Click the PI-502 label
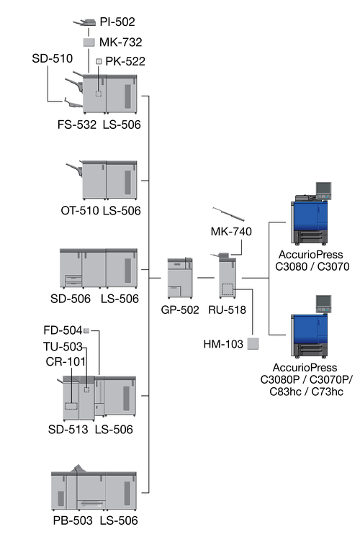(x=117, y=22)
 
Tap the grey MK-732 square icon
(x=89, y=42)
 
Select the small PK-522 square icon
(x=99, y=61)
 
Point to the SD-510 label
(x=52, y=58)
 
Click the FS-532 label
(x=77, y=125)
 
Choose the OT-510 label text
(x=80, y=211)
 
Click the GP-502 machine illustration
(x=180, y=279)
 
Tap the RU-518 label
(x=227, y=310)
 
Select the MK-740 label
(x=231, y=232)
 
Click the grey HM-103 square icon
(x=253, y=344)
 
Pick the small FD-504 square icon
(x=86, y=330)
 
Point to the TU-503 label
(x=63, y=346)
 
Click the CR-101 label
(x=66, y=362)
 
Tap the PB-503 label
(x=73, y=520)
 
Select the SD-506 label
(x=71, y=299)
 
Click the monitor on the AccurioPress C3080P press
(x=323, y=304)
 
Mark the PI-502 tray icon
(x=85, y=23)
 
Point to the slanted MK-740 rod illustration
(x=228, y=214)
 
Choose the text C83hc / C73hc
(x=306, y=392)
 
